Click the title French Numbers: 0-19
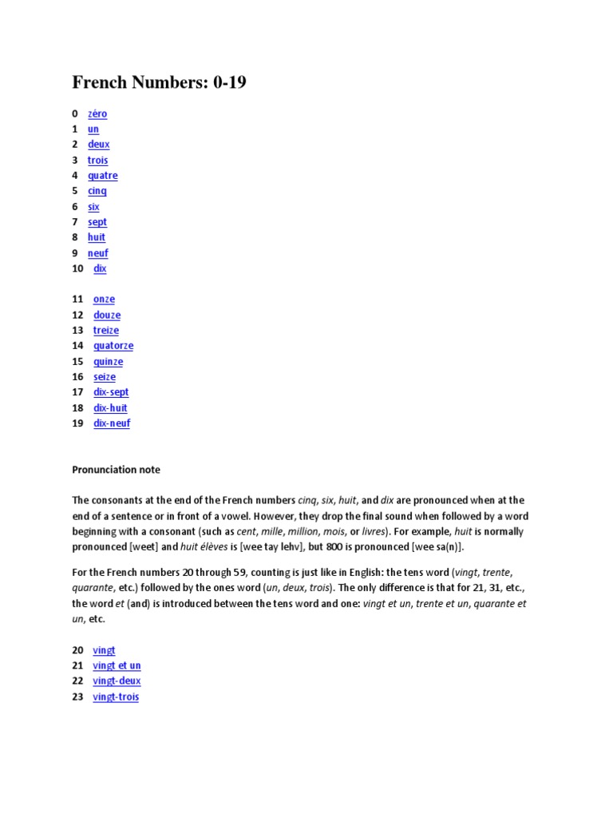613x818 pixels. pos(159,81)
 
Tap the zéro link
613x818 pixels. pos(97,113)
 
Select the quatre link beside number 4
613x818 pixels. pos(102,176)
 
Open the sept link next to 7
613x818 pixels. pos(97,222)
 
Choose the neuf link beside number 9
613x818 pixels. pos(97,253)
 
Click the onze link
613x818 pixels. pos(104,300)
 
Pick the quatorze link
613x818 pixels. pos(113,346)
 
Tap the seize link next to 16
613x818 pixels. pos(105,377)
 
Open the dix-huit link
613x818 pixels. pos(110,408)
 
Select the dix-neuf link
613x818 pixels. pos(112,423)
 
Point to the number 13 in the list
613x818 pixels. pos(77,331)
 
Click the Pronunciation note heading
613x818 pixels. pos(116,470)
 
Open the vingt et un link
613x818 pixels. pos(117,665)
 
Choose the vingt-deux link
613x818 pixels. pos(117,681)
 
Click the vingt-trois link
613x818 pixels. pos(116,697)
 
